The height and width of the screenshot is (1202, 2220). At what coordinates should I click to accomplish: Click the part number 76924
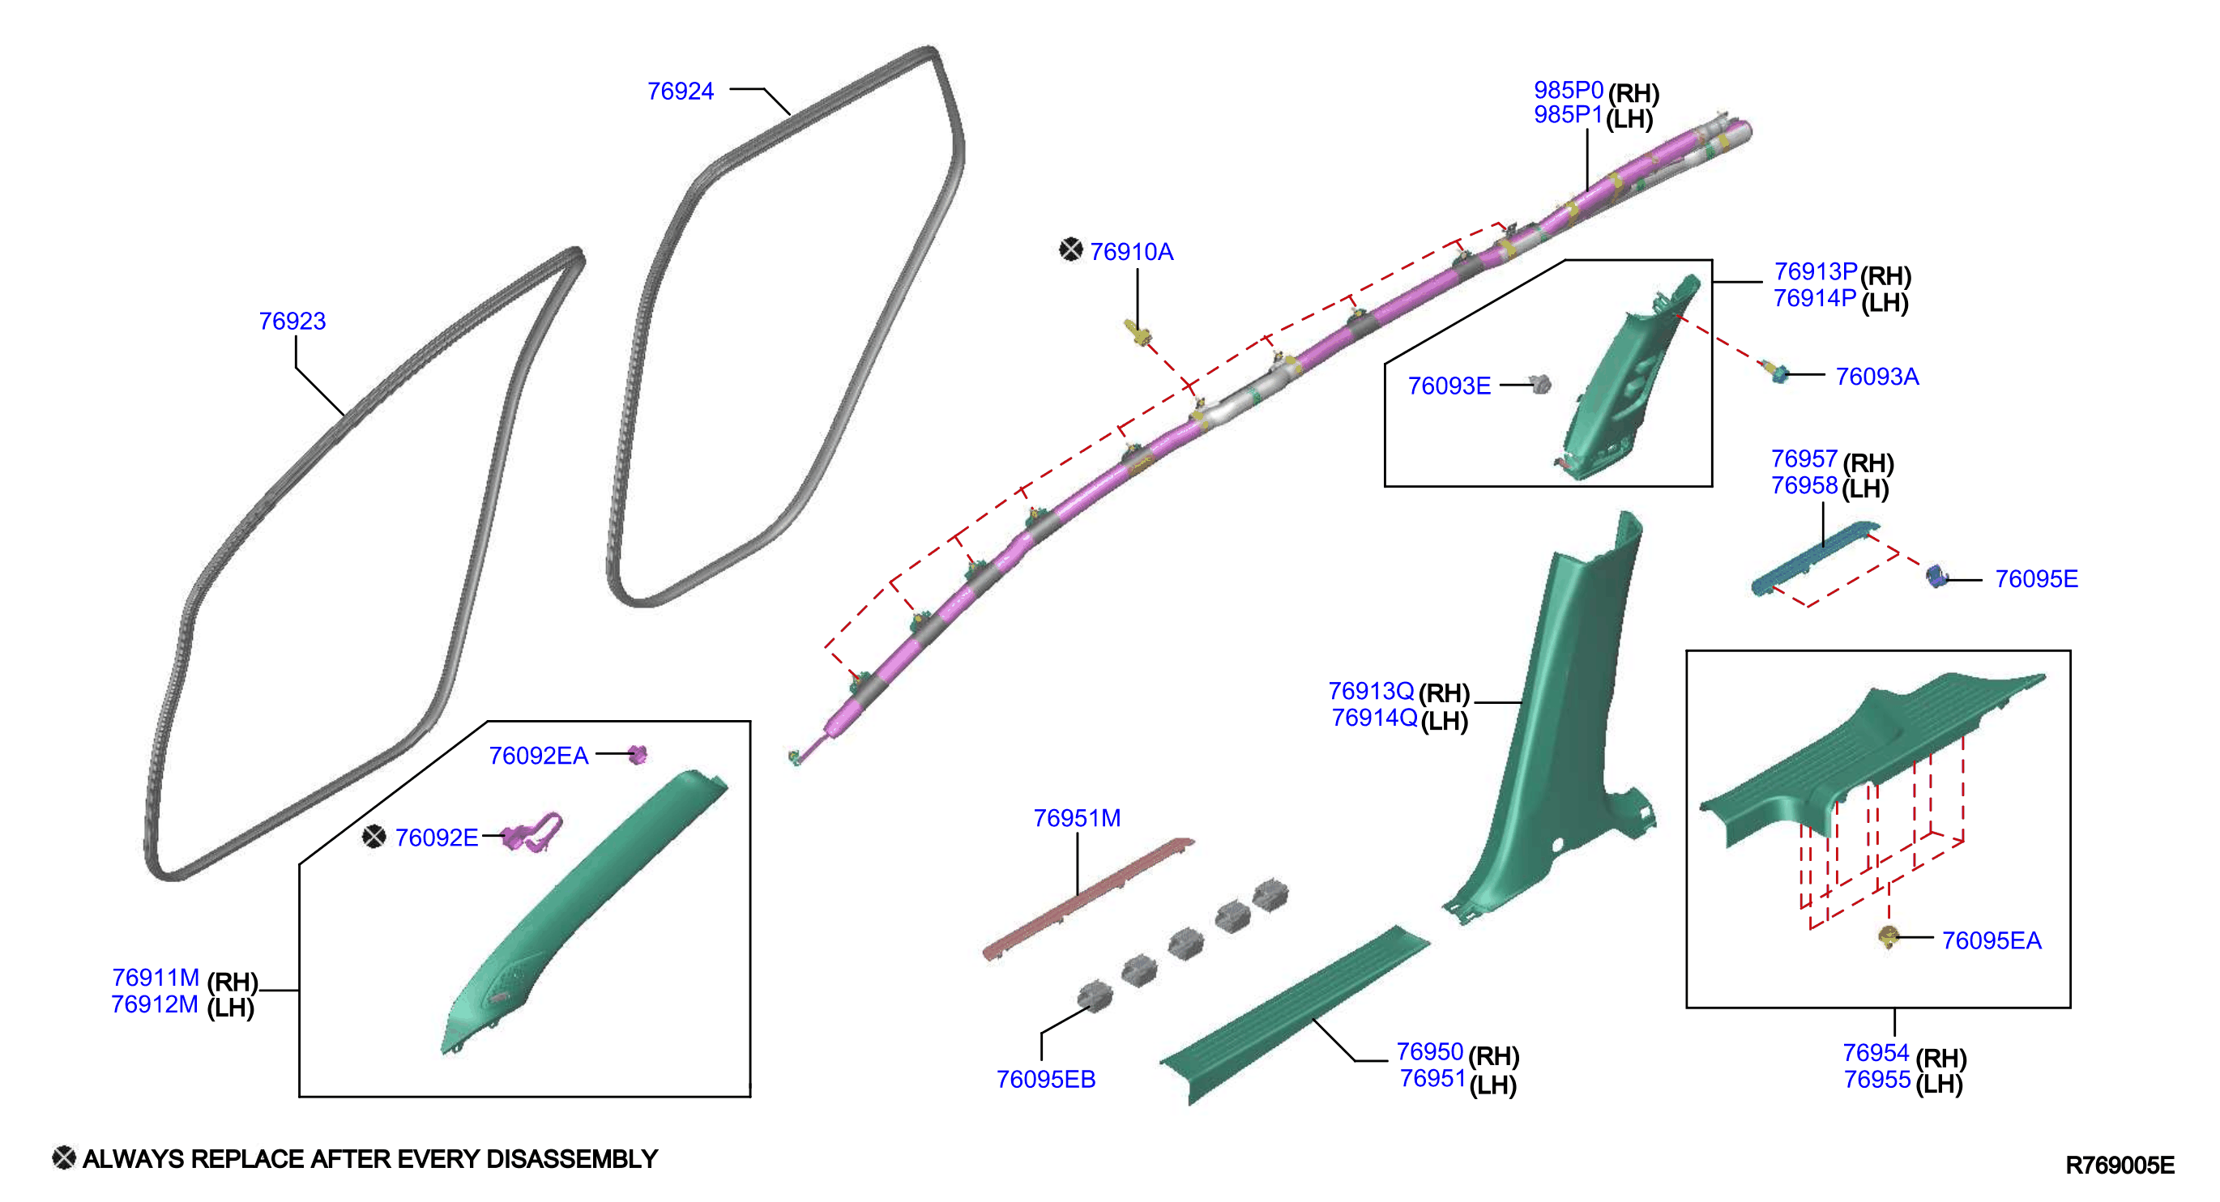point(680,92)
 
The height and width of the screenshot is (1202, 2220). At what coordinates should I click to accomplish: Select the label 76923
point(292,322)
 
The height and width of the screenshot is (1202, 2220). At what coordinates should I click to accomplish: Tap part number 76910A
point(1132,252)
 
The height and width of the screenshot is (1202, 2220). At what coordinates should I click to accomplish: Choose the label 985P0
point(1569,90)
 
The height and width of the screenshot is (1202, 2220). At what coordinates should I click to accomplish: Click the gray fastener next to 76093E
point(1540,383)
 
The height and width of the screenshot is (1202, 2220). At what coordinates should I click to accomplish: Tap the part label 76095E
point(2036,579)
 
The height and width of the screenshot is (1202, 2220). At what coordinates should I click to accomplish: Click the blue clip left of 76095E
point(1937,577)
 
